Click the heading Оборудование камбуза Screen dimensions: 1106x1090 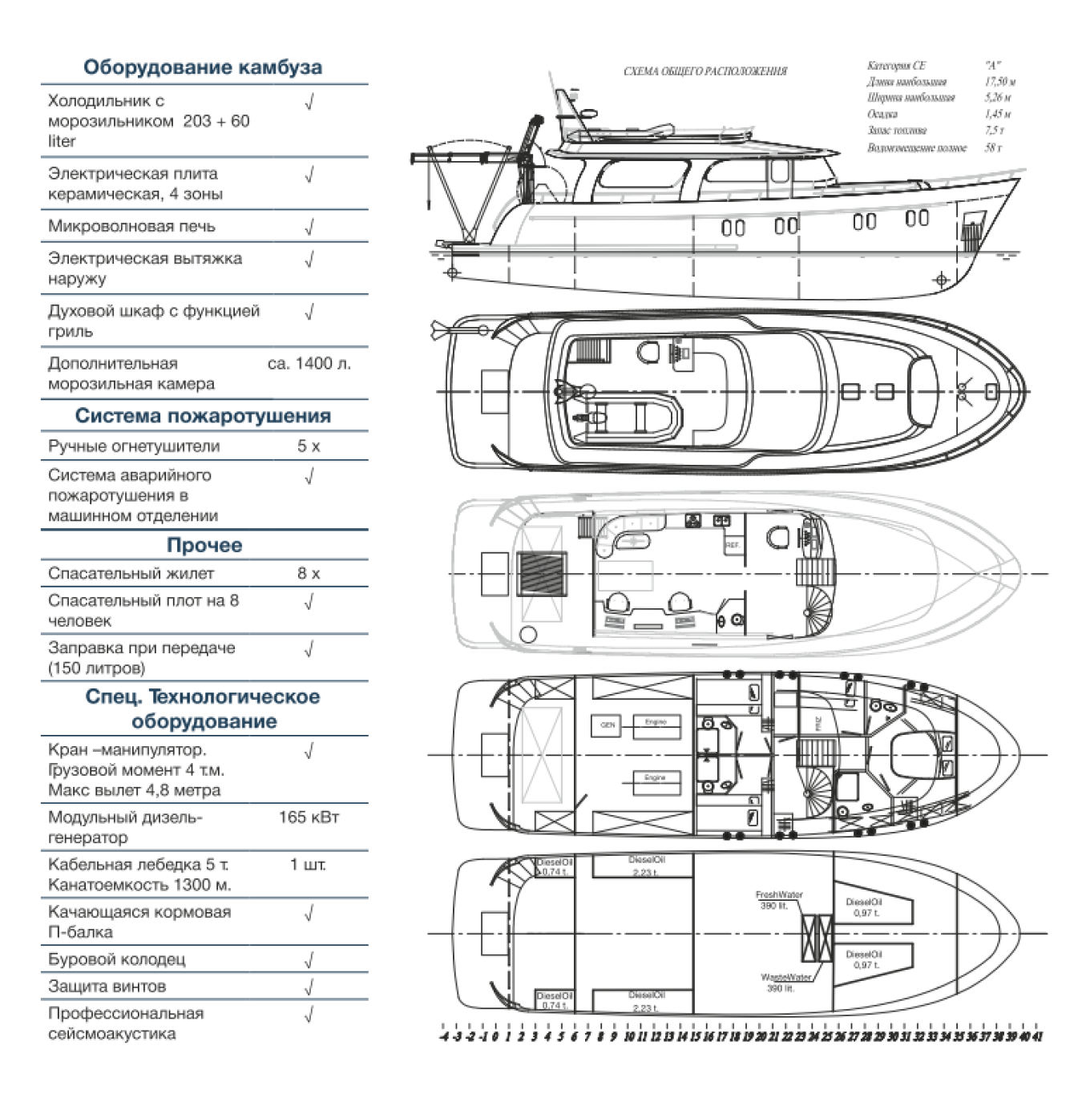point(203,67)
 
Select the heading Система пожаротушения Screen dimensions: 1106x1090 point(203,416)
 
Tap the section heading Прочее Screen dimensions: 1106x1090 point(204,546)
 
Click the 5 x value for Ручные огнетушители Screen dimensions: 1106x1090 point(309,446)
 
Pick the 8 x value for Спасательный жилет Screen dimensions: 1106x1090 point(309,574)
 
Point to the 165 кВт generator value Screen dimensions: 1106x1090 point(309,817)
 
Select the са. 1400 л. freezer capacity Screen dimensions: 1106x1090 point(309,364)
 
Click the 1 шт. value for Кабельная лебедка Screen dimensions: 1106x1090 point(309,865)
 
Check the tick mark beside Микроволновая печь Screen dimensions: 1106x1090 point(309,228)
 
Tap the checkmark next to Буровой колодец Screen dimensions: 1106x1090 point(309,960)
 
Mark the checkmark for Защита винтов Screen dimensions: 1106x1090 point(309,987)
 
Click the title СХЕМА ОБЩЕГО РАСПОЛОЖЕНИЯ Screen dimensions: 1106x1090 point(705,71)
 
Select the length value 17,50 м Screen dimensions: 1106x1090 point(1000,82)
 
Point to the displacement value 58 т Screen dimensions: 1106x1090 point(994,147)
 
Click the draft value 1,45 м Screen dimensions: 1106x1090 point(998,114)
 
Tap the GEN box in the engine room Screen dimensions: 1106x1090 point(608,725)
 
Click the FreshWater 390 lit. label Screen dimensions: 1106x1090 point(778,900)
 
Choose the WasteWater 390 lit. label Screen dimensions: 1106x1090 point(785,983)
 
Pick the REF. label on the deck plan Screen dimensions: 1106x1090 point(733,545)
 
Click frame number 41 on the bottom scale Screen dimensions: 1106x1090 point(1038,1037)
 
